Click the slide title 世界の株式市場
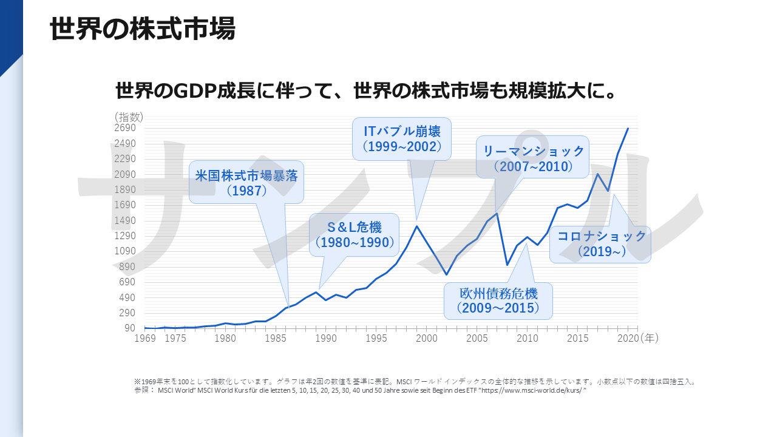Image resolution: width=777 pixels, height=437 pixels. coord(143,29)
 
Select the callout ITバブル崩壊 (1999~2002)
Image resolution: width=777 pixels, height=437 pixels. coord(402,139)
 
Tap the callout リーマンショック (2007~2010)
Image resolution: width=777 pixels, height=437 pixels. coord(532,157)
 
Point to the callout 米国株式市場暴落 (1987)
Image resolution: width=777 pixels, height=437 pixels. coord(246,182)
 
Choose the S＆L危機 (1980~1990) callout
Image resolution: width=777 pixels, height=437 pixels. coord(354,235)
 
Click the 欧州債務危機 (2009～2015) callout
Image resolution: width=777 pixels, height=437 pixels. coord(498,300)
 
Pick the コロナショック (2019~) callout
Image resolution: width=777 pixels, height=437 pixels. coord(600,244)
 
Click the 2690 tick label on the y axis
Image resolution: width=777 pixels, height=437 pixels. coord(125,128)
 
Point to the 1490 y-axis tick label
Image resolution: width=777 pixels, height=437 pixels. coord(125,220)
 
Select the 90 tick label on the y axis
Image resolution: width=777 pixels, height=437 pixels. coord(130,328)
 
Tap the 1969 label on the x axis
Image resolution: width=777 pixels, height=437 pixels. coord(145,338)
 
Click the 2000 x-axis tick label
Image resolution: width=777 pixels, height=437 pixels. coord(427,338)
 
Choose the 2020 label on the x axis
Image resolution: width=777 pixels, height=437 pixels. coord(628,338)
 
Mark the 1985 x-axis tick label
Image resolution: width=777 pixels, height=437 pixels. coord(276,338)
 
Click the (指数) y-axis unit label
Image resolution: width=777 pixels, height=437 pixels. coord(129,117)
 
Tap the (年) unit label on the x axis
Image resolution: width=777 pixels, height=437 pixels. coord(650,338)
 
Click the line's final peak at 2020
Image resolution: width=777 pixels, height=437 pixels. coord(628,129)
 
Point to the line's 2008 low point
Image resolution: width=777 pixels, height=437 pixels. coord(507,265)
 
